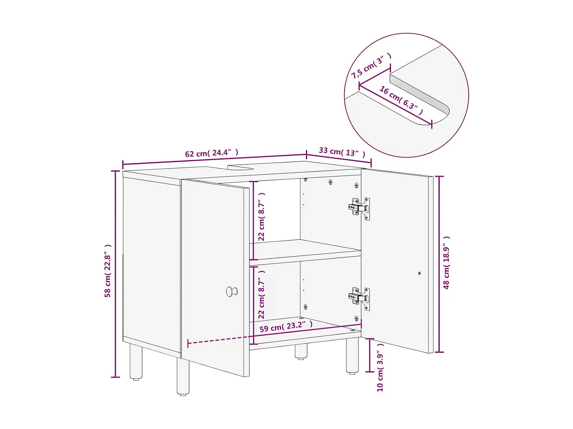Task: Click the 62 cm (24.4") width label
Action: (212, 153)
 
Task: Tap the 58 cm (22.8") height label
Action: (108, 271)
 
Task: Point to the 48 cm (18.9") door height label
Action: (447, 263)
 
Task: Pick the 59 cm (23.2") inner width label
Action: (286, 326)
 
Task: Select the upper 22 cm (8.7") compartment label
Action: (262, 217)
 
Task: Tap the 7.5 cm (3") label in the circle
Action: (371, 66)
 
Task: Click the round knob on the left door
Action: (231, 292)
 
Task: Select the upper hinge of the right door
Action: (359, 208)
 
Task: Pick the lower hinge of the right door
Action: (359, 298)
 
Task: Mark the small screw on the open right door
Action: (419, 273)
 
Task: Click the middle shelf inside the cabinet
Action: (306, 250)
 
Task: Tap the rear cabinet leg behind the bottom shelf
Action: (301, 351)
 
